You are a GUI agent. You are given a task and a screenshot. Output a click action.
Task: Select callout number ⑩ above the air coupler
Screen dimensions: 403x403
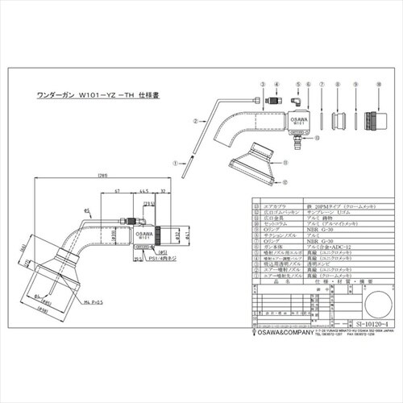pos(377,84)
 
